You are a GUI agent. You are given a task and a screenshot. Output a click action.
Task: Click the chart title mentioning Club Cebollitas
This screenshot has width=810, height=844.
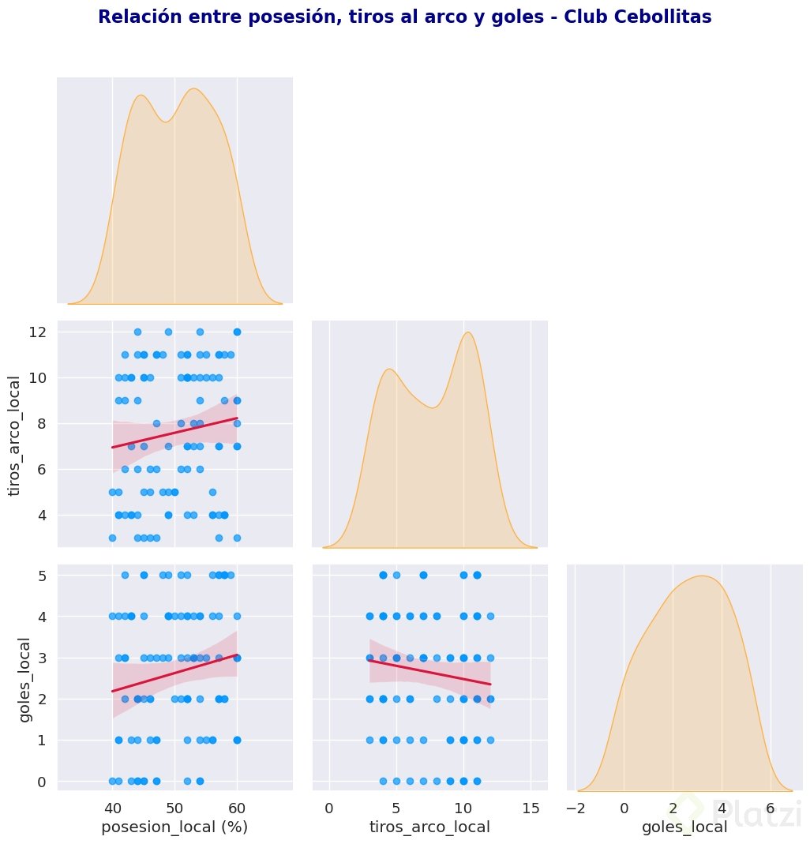coord(404,17)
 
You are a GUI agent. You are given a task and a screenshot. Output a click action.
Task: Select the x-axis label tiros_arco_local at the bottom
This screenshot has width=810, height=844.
coord(429,827)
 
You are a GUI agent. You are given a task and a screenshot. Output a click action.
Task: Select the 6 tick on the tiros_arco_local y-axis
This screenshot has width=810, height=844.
coord(45,469)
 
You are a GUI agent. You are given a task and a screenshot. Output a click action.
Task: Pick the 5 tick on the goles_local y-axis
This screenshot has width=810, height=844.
coord(45,576)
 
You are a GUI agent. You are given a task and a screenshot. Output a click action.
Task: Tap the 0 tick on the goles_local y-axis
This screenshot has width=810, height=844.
coord(45,781)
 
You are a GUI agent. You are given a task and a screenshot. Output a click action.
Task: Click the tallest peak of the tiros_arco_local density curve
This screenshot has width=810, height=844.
coord(469,332)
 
